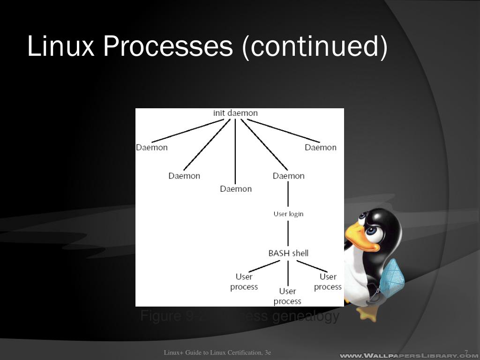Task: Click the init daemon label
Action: coord(235,113)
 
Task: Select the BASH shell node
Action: coord(288,253)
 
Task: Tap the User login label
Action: coord(288,214)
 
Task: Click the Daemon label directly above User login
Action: coord(288,176)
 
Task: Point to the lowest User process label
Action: coord(287,296)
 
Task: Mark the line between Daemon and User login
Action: coord(288,195)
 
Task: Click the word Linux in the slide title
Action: coord(61,46)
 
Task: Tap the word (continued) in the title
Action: coord(315,46)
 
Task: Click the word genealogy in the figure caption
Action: coord(305,316)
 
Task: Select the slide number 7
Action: coord(466,352)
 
